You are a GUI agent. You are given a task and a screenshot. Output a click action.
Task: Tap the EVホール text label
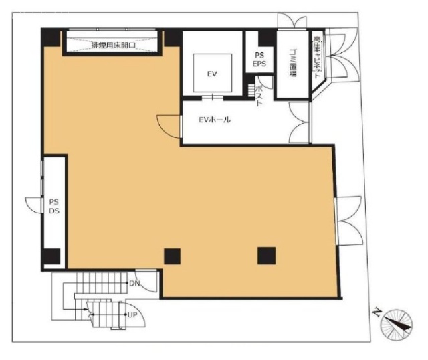point(215,120)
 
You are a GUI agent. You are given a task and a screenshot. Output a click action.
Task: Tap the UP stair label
point(132,314)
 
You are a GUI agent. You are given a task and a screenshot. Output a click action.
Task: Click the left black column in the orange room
point(173,255)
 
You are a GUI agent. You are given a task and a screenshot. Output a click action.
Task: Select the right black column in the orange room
point(266,255)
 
